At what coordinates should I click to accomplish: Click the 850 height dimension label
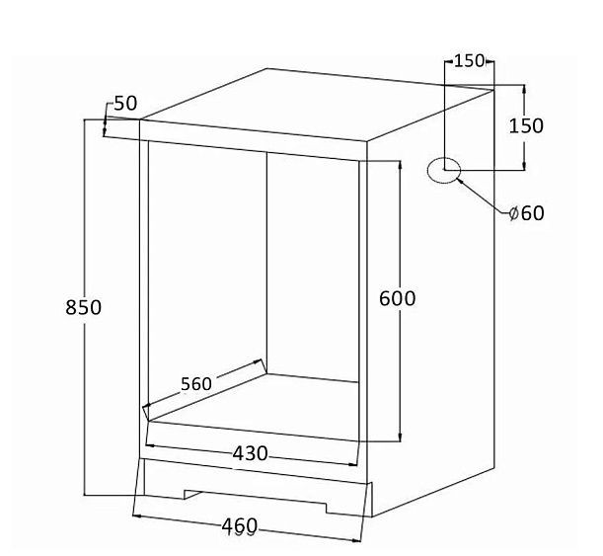click(x=84, y=307)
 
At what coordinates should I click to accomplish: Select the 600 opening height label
click(x=398, y=298)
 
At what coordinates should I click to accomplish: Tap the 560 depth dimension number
click(x=196, y=384)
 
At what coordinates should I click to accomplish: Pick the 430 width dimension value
click(x=250, y=453)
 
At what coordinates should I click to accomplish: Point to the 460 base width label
click(x=239, y=526)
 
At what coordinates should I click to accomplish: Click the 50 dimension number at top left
click(x=125, y=103)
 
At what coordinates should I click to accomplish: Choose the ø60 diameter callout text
click(x=526, y=212)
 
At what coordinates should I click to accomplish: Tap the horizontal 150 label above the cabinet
click(x=469, y=61)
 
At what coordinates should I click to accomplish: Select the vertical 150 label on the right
click(x=526, y=125)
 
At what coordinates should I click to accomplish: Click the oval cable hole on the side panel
click(x=444, y=170)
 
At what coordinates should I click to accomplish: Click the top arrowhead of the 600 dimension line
click(x=401, y=165)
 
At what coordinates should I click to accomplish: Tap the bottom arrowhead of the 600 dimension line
click(x=401, y=437)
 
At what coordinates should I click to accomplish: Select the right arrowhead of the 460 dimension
click(x=356, y=540)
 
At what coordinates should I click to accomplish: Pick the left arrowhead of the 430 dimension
click(x=150, y=445)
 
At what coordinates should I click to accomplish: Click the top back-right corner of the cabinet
click(x=493, y=90)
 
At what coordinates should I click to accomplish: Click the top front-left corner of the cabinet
click(x=139, y=119)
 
